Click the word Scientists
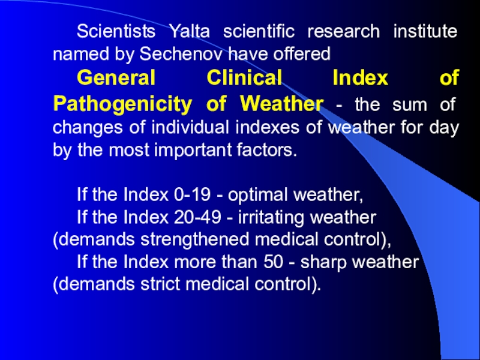click(116, 31)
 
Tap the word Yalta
click(190, 31)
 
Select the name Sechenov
click(184, 54)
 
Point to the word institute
click(425, 31)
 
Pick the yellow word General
click(116, 77)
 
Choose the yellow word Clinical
click(244, 77)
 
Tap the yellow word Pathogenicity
click(122, 104)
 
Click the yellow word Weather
click(281, 103)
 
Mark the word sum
click(409, 104)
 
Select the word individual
click(190, 127)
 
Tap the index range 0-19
click(192, 194)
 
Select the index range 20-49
click(197, 217)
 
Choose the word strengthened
click(194, 239)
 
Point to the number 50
click(273, 262)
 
